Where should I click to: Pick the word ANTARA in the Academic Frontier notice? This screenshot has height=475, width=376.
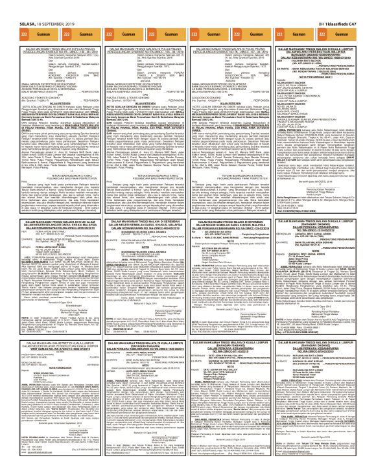click(x=47, y=49)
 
